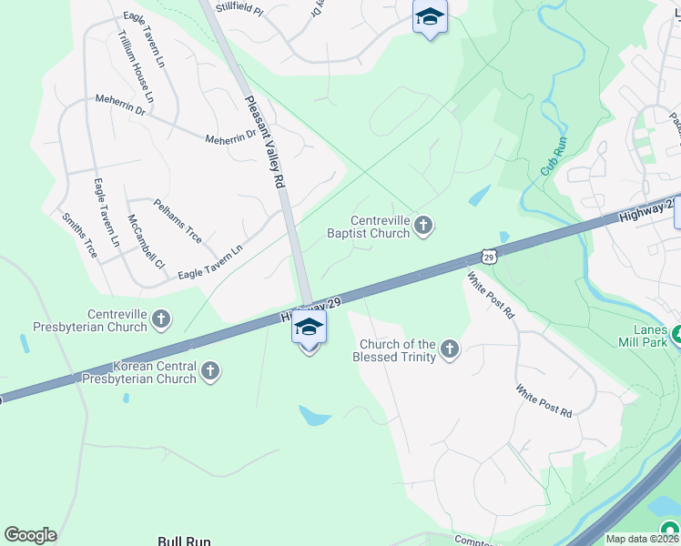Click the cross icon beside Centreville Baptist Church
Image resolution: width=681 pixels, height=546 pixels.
423,225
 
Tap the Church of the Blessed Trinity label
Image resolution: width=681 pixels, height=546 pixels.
397,350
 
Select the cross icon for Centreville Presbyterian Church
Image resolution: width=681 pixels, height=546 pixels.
161,318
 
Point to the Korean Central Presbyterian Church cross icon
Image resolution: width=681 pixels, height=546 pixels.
210,370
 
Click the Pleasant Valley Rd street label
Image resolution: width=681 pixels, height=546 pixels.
265,142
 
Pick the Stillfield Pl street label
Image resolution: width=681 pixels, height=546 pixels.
238,10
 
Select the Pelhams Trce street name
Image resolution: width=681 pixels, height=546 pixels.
178,220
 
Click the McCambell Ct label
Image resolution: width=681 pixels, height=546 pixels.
145,242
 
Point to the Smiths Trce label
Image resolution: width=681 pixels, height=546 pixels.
78,235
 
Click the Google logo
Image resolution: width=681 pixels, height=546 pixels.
30,535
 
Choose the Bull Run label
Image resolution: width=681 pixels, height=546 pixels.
184,541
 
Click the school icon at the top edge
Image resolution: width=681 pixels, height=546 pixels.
430,17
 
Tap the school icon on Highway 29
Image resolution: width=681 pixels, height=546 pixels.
310,329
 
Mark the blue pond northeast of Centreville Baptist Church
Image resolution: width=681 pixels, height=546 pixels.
479,195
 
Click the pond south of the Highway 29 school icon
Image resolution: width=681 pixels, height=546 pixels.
315,416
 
